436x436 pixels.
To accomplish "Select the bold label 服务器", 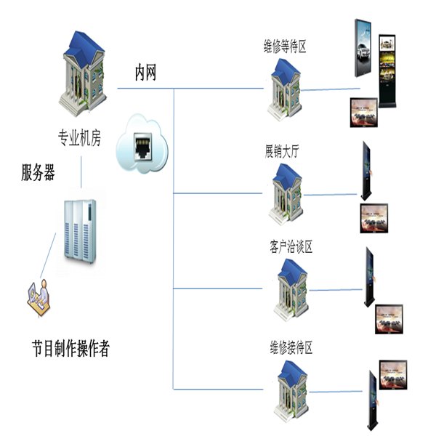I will pyautogui.click(x=38, y=173).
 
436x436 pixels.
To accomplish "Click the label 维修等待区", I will pyautogui.click(x=285, y=48).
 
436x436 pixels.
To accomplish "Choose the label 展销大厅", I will pyautogui.click(x=282, y=152).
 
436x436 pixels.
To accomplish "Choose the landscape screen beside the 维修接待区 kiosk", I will pyautogui.click(x=392, y=376).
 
